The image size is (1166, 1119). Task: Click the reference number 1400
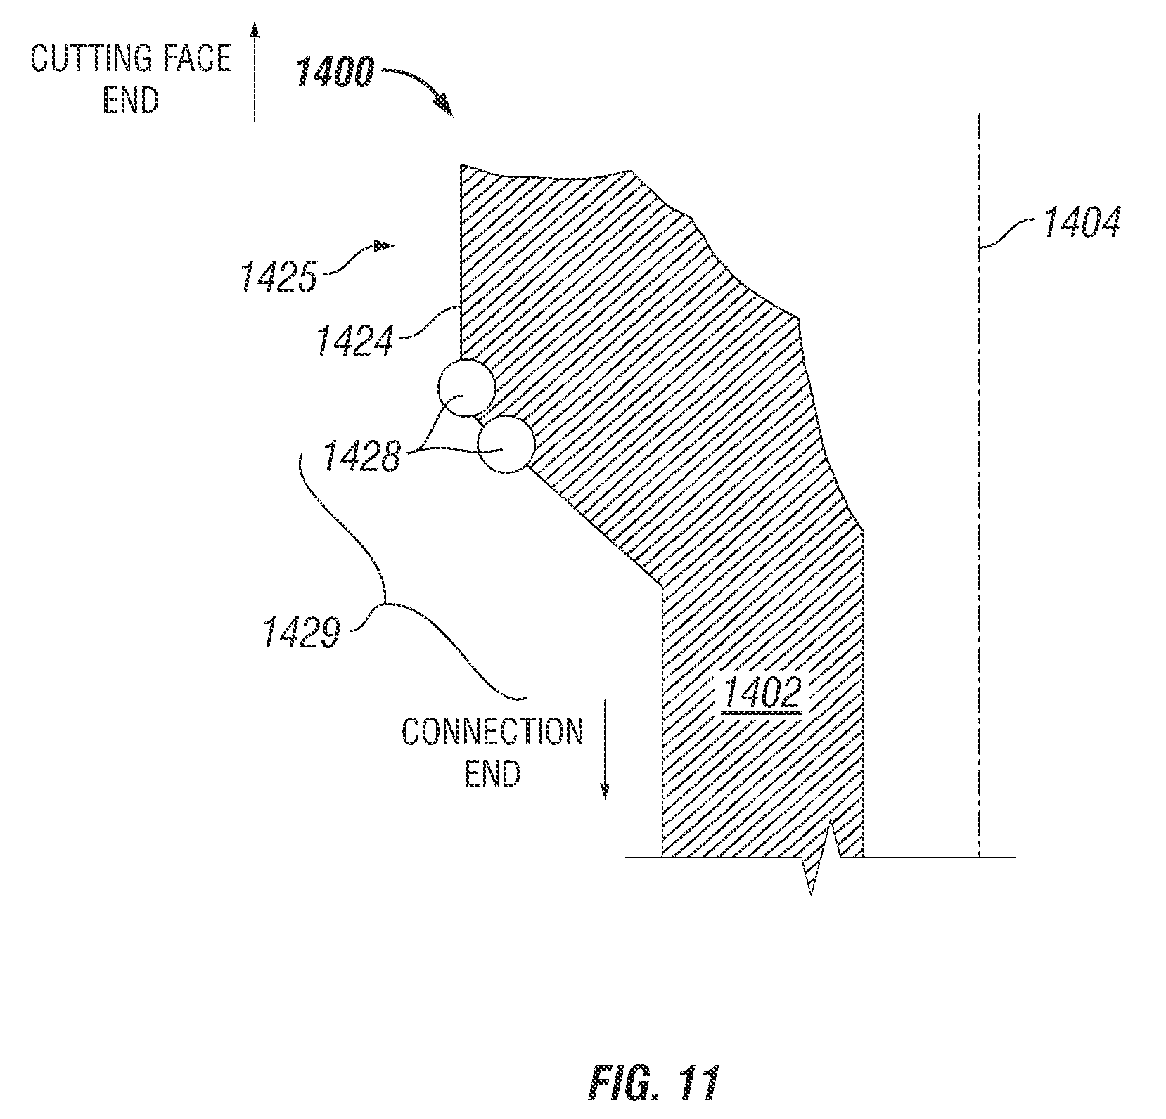(335, 72)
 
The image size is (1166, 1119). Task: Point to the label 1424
(354, 339)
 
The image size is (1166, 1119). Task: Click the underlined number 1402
(761, 694)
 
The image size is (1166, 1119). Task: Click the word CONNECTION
(492, 732)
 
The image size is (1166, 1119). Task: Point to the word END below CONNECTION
(492, 773)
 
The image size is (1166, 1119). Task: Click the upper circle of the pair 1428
(465, 387)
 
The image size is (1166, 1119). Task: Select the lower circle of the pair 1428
(505, 444)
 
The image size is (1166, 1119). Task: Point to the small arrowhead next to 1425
(383, 246)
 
